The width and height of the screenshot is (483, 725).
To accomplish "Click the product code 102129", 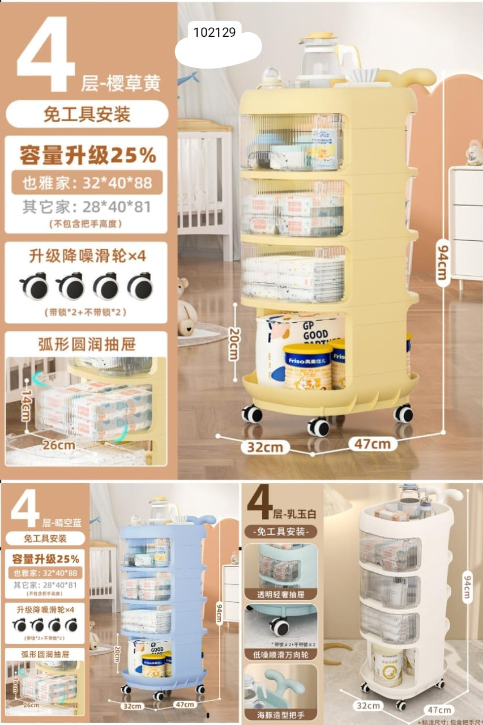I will (x=214, y=32).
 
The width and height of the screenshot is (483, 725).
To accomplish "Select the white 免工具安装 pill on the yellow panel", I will (x=87, y=114).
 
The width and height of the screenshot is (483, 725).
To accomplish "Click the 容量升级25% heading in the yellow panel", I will (x=88, y=155).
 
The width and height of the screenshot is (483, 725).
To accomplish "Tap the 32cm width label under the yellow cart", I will (x=264, y=447).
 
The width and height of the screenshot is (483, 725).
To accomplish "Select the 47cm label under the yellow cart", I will (x=372, y=443).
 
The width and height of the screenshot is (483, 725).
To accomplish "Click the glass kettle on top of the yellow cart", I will (x=320, y=57).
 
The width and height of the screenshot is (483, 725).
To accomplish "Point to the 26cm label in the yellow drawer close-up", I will (x=59, y=445).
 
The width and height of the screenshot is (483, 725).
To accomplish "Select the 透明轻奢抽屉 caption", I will (x=280, y=594).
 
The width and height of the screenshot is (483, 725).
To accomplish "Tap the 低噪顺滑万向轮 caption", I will (x=280, y=654).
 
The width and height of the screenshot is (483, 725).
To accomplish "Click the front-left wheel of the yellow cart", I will (x=252, y=414).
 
